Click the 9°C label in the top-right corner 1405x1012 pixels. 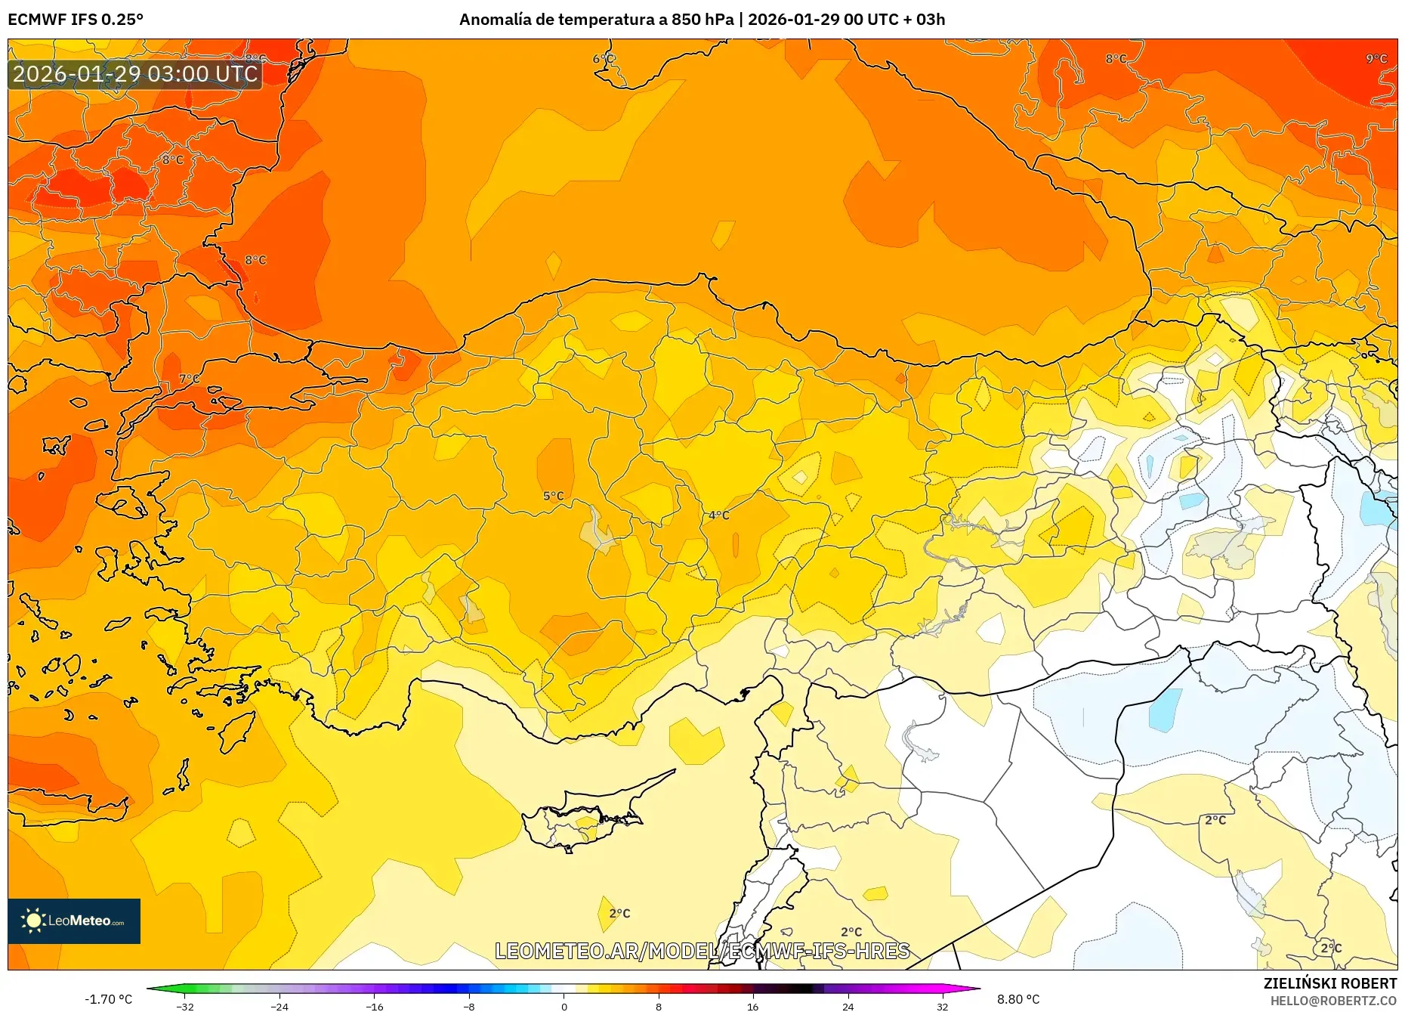tap(1376, 59)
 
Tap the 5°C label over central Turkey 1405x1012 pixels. tap(553, 497)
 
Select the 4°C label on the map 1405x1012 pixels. tap(718, 515)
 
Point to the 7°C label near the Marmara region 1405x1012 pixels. tap(189, 379)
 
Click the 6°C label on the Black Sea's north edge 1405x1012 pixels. tap(603, 59)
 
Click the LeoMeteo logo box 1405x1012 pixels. tap(74, 921)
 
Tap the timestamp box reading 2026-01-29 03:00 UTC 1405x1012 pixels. tap(135, 74)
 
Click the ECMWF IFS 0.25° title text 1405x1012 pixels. tap(76, 20)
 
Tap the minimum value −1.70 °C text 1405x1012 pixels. tap(108, 999)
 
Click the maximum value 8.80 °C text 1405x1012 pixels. tap(1017, 999)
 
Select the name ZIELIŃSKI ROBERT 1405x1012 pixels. tap(1329, 983)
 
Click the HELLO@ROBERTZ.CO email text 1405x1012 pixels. tap(1332, 1001)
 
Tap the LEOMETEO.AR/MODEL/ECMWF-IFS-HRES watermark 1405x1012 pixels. tap(702, 951)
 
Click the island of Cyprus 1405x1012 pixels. tap(585, 820)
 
